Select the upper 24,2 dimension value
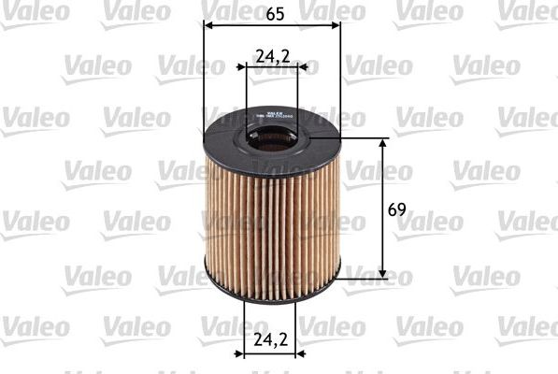271,54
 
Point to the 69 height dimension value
396,209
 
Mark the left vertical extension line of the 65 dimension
204,75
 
